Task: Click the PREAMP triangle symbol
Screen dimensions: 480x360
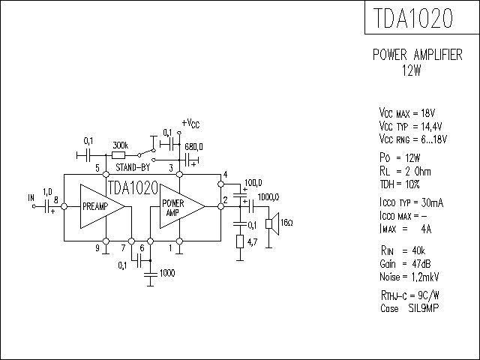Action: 102,206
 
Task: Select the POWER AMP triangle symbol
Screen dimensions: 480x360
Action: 182,206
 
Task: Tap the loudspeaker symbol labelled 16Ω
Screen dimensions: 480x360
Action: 272,223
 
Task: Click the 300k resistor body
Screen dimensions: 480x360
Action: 118,155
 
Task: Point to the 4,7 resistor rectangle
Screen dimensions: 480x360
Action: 240,241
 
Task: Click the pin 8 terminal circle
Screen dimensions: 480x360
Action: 64,207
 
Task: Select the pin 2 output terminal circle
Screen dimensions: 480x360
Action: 220,207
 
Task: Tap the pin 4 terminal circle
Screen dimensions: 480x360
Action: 220,184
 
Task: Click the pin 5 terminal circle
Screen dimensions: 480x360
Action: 106,175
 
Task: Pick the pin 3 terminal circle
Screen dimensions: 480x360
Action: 180,175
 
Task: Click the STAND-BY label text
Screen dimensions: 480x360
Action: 133,167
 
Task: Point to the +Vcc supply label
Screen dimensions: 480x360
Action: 190,124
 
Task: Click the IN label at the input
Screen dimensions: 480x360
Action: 31,198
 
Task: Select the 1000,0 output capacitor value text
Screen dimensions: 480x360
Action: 268,197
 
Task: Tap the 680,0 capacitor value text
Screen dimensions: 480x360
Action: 193,147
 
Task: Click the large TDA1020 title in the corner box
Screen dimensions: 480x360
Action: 412,18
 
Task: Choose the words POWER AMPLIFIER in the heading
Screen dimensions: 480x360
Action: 418,55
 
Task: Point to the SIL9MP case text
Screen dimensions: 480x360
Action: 424,308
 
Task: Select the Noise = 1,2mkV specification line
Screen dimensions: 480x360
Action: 409,277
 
